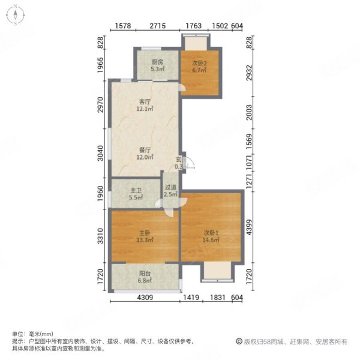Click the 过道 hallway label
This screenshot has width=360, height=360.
click(170, 187)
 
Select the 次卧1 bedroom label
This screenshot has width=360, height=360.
click(210, 233)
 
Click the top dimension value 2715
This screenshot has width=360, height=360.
click(157, 26)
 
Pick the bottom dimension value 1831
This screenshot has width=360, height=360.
click(217, 298)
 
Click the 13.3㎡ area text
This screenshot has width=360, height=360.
click(144, 239)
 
